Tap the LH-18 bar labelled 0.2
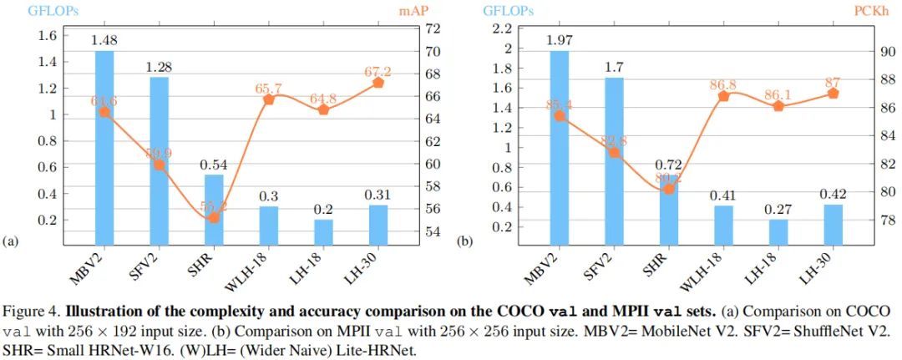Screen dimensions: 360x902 click(323, 232)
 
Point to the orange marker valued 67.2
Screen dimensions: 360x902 click(378, 83)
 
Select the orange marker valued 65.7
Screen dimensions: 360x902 click(269, 99)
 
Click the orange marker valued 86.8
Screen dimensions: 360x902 click(723, 95)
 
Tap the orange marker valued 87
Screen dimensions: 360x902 click(833, 93)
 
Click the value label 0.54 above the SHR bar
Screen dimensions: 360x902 click(214, 165)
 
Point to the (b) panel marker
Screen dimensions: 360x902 click(464, 242)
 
